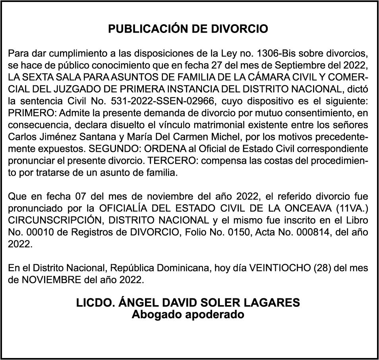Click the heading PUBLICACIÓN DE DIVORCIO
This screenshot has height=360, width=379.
[x=188, y=29]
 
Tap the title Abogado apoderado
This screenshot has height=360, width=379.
[x=188, y=314]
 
